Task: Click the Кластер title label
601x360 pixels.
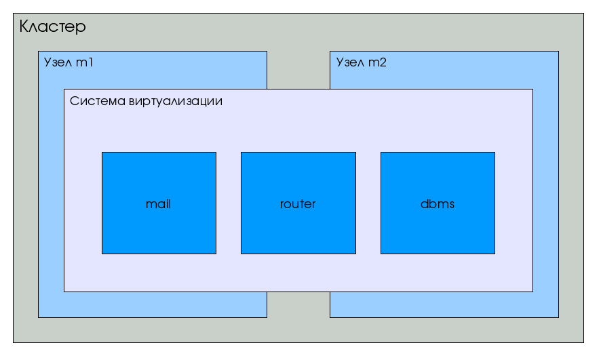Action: (x=52, y=27)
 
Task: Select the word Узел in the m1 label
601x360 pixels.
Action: (x=58, y=62)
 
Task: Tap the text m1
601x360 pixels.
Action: (x=84, y=62)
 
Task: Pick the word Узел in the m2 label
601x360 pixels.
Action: (x=350, y=62)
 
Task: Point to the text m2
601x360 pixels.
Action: (x=377, y=62)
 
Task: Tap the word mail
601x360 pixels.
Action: (x=158, y=204)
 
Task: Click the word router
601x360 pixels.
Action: (x=298, y=204)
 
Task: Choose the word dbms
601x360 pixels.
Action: (x=438, y=204)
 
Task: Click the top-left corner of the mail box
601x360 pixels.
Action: (x=102, y=153)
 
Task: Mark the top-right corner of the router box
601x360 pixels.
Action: (x=355, y=153)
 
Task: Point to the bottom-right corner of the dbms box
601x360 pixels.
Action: (x=495, y=254)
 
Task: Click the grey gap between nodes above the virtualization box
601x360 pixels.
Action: (x=298, y=70)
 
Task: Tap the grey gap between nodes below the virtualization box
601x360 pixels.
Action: (x=298, y=305)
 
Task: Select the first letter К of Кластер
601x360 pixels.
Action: (x=24, y=27)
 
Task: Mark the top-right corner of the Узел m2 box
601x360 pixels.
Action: (x=558, y=52)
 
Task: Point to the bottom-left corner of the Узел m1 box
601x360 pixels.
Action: (x=39, y=317)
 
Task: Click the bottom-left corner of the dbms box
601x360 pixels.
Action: (x=381, y=254)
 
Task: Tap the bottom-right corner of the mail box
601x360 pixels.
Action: (x=216, y=254)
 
